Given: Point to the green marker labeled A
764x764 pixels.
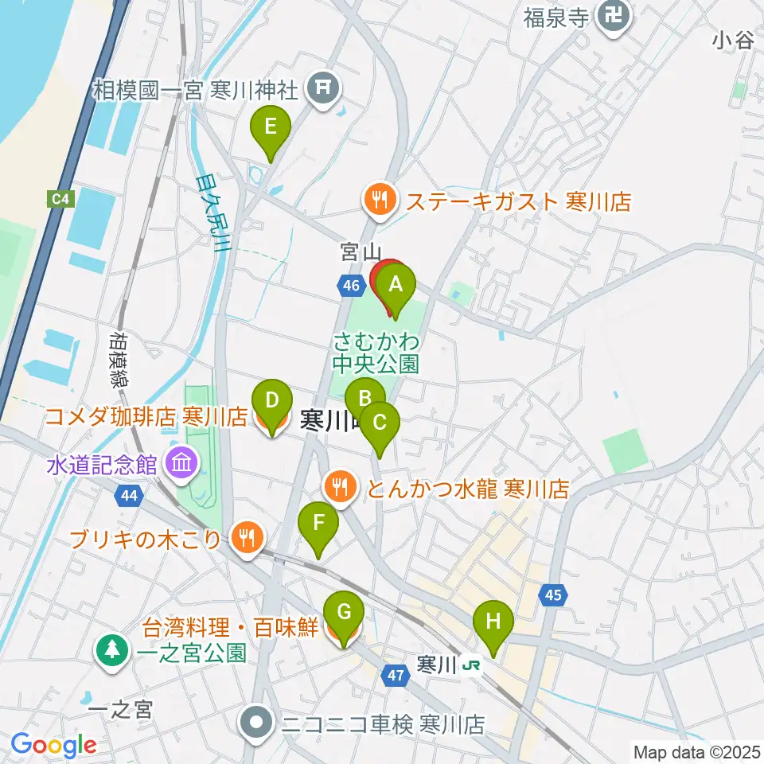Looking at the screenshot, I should coord(396,284).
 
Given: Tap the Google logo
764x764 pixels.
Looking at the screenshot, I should coord(53,745).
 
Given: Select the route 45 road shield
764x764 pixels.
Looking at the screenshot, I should coord(553,594).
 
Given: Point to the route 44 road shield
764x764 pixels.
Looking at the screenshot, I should coord(129,497).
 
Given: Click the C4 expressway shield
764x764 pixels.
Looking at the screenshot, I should coord(61,198).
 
